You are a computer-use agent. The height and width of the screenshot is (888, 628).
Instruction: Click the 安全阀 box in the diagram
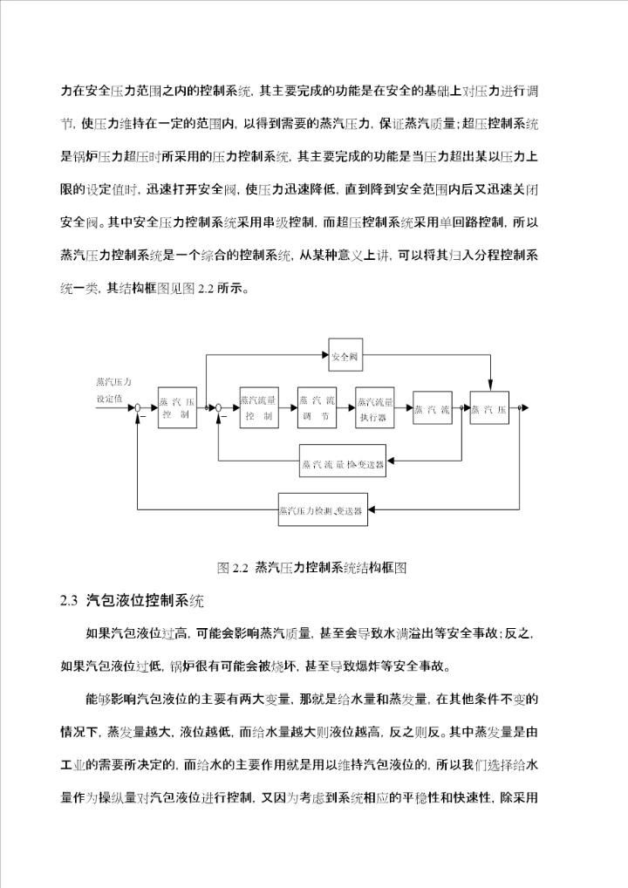(x=345, y=356)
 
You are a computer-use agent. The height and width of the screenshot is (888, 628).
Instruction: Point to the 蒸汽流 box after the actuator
(x=432, y=408)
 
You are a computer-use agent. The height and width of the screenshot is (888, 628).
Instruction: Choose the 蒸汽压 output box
(x=488, y=408)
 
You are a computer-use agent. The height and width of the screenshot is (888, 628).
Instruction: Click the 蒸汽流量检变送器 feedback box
(x=342, y=463)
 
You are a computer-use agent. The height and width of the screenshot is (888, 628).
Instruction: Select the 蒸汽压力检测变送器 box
(x=322, y=509)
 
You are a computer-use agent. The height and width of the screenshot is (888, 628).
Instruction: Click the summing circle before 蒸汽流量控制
(x=218, y=408)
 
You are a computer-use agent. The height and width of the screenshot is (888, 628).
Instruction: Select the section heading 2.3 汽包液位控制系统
(x=132, y=601)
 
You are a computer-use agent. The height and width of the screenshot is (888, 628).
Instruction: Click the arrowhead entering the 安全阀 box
(x=326, y=356)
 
